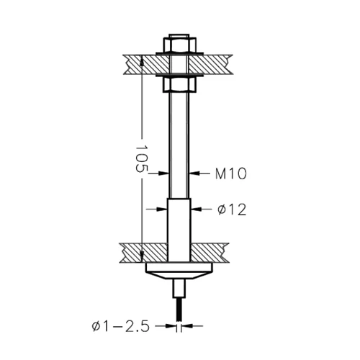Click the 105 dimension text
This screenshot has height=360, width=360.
[141, 159]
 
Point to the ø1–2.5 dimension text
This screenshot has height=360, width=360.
[120, 327]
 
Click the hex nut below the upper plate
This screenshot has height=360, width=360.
[179, 84]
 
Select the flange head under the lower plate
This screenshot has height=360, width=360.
[179, 271]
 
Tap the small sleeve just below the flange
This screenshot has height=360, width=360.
[179, 288]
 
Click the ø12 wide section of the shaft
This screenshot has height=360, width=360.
[179, 223]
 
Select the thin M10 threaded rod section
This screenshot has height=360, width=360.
[179, 144]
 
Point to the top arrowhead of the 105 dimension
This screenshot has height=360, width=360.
[142, 60]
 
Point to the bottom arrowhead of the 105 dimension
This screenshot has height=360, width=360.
[142, 257]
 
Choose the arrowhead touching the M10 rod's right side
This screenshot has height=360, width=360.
[193, 173]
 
